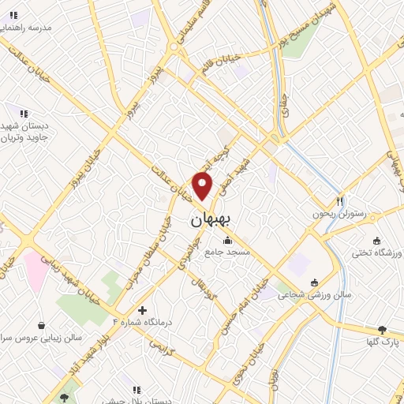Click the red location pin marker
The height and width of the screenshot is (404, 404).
click(x=203, y=185)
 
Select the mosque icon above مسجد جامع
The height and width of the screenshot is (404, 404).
click(x=228, y=241)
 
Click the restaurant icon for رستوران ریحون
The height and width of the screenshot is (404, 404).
click(x=341, y=200)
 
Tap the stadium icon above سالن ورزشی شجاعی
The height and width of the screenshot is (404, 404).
click(x=315, y=282)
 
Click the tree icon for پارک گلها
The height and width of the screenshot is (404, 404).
click(x=383, y=330)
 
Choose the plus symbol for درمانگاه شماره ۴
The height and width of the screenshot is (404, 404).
click(x=142, y=311)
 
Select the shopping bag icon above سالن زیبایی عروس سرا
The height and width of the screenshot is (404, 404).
click(x=41, y=324)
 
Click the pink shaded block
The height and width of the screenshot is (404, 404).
click(x=36, y=269)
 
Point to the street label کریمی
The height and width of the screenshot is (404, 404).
click(x=159, y=345)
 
